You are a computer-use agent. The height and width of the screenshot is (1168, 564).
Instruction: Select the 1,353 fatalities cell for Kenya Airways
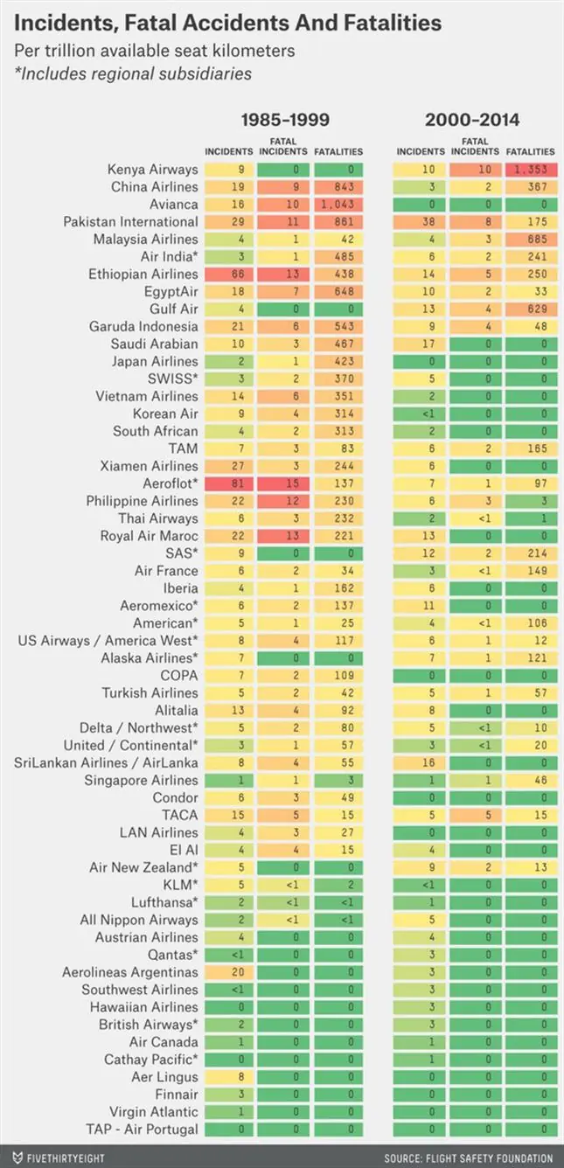click(x=530, y=169)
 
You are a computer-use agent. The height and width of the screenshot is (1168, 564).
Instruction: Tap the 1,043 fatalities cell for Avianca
click(x=338, y=204)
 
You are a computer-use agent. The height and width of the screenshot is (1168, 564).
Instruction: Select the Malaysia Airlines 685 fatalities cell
click(x=530, y=239)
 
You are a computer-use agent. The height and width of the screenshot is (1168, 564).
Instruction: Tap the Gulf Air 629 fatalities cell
click(x=530, y=309)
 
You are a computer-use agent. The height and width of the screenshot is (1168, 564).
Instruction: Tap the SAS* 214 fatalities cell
click(x=530, y=553)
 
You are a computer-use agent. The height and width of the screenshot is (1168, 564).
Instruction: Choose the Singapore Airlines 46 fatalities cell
click(x=530, y=780)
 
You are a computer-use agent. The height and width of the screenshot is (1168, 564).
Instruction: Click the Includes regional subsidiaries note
click(x=133, y=73)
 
